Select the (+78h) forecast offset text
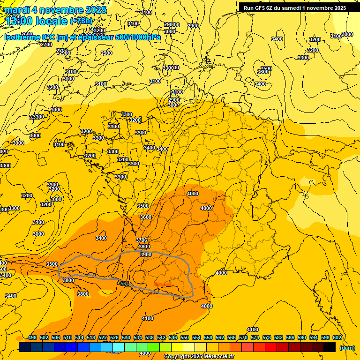click(81, 21)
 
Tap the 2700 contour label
click(46, 45)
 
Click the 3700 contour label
click(142, 240)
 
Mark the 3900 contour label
click(146, 254)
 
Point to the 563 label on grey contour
click(125, 284)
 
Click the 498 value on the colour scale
click(32, 337)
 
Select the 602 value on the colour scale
click(337, 337)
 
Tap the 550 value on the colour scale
click(185, 337)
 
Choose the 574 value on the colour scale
click(255, 337)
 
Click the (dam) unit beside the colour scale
click(347, 347)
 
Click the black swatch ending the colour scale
click(330, 347)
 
